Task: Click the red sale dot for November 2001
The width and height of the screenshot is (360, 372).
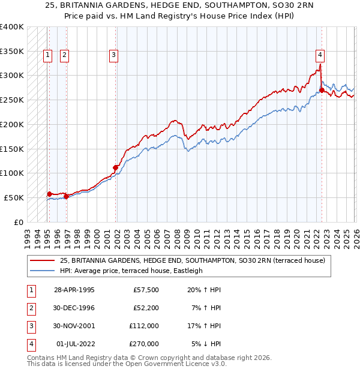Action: coord(116,167)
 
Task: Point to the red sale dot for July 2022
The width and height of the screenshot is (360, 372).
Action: coord(322,91)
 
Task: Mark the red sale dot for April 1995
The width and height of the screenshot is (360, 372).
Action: coord(50,194)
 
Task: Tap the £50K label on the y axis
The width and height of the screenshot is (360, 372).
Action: coord(14,197)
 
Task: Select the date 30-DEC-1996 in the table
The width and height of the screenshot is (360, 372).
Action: coord(75,308)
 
